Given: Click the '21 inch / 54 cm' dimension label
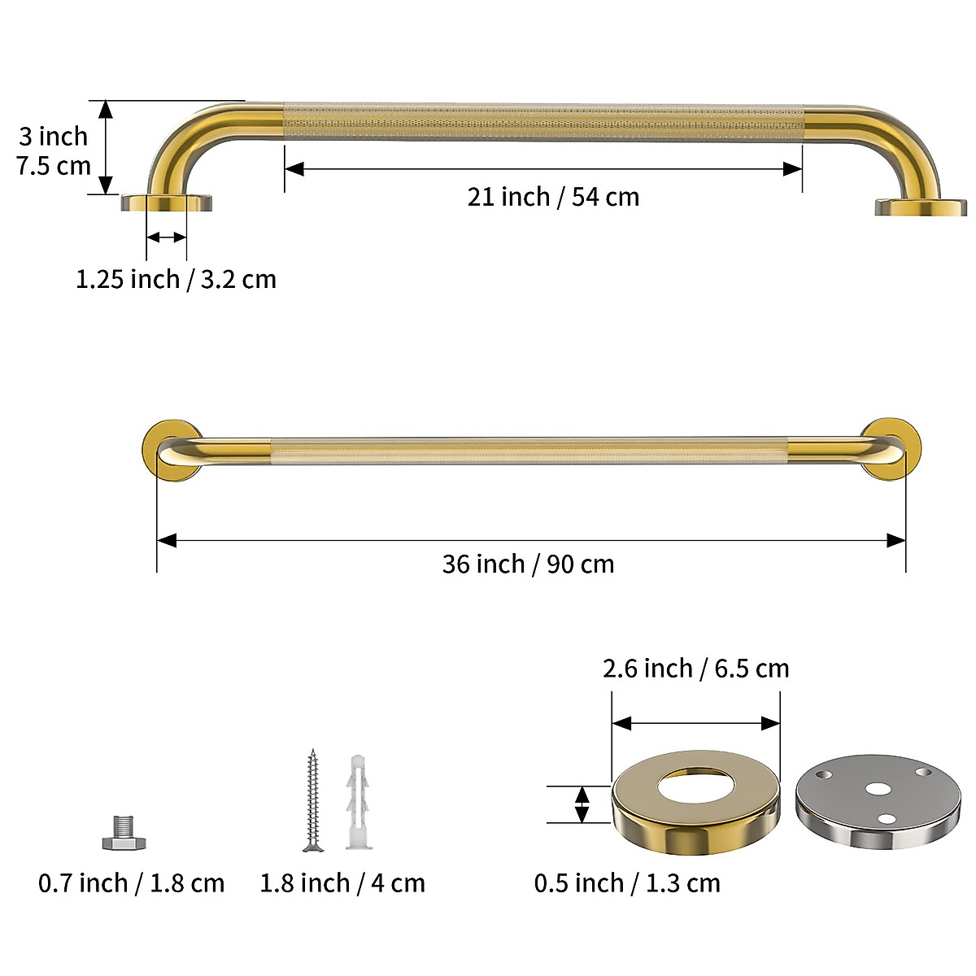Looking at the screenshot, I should pyautogui.click(x=553, y=197).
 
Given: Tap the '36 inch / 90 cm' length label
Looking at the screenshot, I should pyautogui.click(x=528, y=564).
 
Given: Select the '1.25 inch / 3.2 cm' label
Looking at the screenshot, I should pyautogui.click(x=176, y=279).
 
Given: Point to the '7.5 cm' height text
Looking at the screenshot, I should pyautogui.click(x=54, y=165).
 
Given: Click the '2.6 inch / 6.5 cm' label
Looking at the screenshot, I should pyautogui.click(x=695, y=668).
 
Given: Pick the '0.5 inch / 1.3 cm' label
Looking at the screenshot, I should pyautogui.click(x=627, y=882).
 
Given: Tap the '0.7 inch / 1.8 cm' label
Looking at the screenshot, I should pyautogui.click(x=132, y=882).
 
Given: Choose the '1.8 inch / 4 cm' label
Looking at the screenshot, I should pyautogui.click(x=342, y=882).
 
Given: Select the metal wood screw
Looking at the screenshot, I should pyautogui.click(x=312, y=801).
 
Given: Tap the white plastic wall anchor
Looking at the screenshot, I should pyautogui.click(x=358, y=803).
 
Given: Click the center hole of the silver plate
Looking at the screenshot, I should pyautogui.click(x=876, y=788).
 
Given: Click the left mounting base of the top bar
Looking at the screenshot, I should pyautogui.click(x=167, y=203).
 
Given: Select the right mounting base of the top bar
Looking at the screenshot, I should pyautogui.click(x=921, y=207).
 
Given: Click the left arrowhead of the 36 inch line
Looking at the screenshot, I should pyautogui.click(x=166, y=541).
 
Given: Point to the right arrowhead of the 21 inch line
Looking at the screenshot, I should pyautogui.click(x=793, y=169).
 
